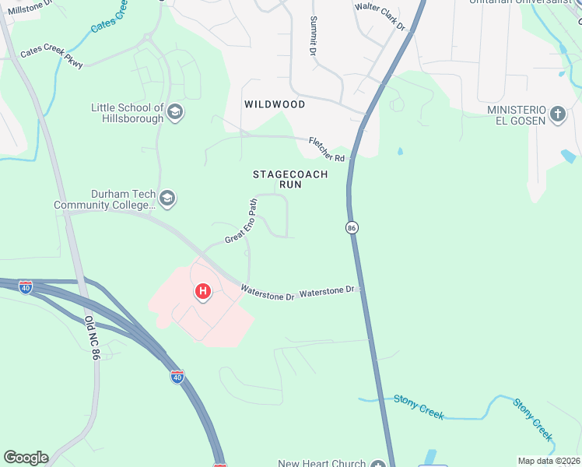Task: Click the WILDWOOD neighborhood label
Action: [274, 104]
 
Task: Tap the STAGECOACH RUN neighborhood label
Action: [290, 180]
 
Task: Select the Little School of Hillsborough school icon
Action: [175, 113]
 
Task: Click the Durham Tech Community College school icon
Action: [167, 199]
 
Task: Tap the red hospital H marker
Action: [203, 292]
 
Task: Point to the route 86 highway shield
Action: [352, 227]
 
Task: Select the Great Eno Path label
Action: [240, 221]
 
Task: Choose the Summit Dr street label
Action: [314, 36]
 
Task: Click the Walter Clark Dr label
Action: [380, 17]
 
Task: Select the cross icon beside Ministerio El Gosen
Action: [557, 114]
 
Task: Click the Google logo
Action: [26, 457]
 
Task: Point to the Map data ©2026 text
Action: [549, 461]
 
